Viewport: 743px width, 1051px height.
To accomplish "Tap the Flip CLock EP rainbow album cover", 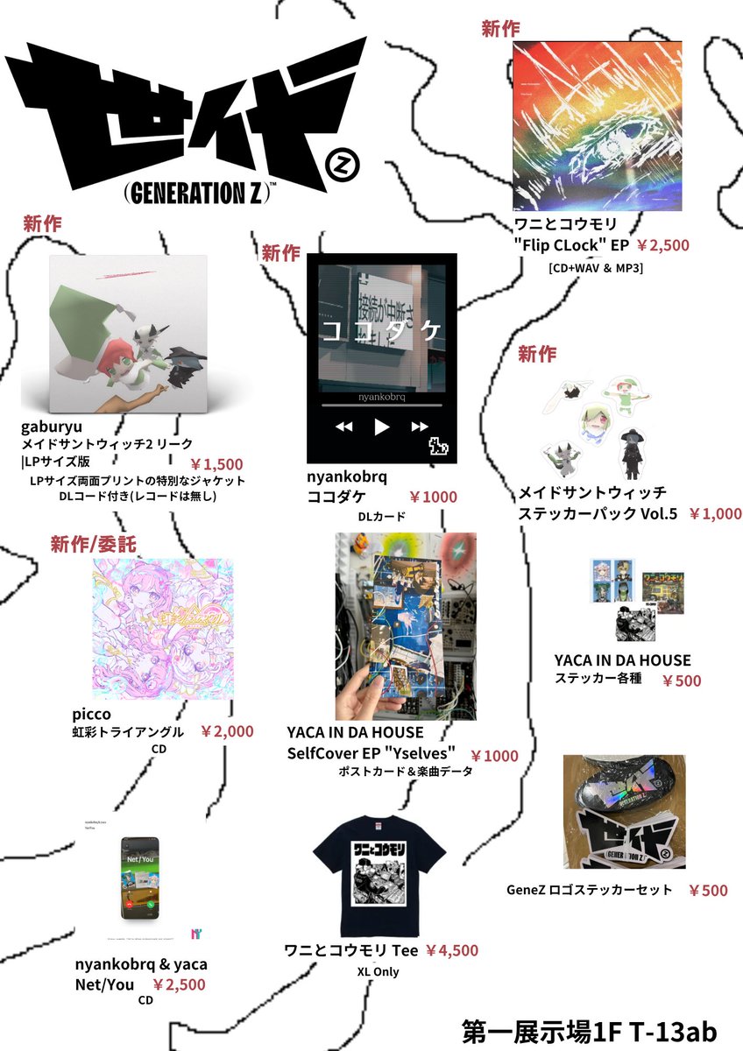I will tap(598, 125).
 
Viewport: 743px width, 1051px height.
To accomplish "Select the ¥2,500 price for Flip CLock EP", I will tap(662, 245).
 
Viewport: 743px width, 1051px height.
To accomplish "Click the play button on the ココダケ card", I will tap(381, 427).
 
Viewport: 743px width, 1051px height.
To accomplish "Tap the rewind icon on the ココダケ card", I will tap(343, 427).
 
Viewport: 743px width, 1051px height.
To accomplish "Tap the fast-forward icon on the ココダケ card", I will tap(420, 427).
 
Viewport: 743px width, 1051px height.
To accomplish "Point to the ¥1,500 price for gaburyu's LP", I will tap(216, 464).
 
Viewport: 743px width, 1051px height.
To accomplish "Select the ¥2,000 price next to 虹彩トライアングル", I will tap(227, 731).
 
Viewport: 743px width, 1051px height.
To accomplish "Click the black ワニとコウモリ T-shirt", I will tap(379, 877).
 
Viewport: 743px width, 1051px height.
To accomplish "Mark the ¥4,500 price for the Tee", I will tap(452, 950).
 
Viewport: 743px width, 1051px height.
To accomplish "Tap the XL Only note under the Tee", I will tap(379, 971).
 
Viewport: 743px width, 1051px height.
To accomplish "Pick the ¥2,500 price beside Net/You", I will tap(179, 984).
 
